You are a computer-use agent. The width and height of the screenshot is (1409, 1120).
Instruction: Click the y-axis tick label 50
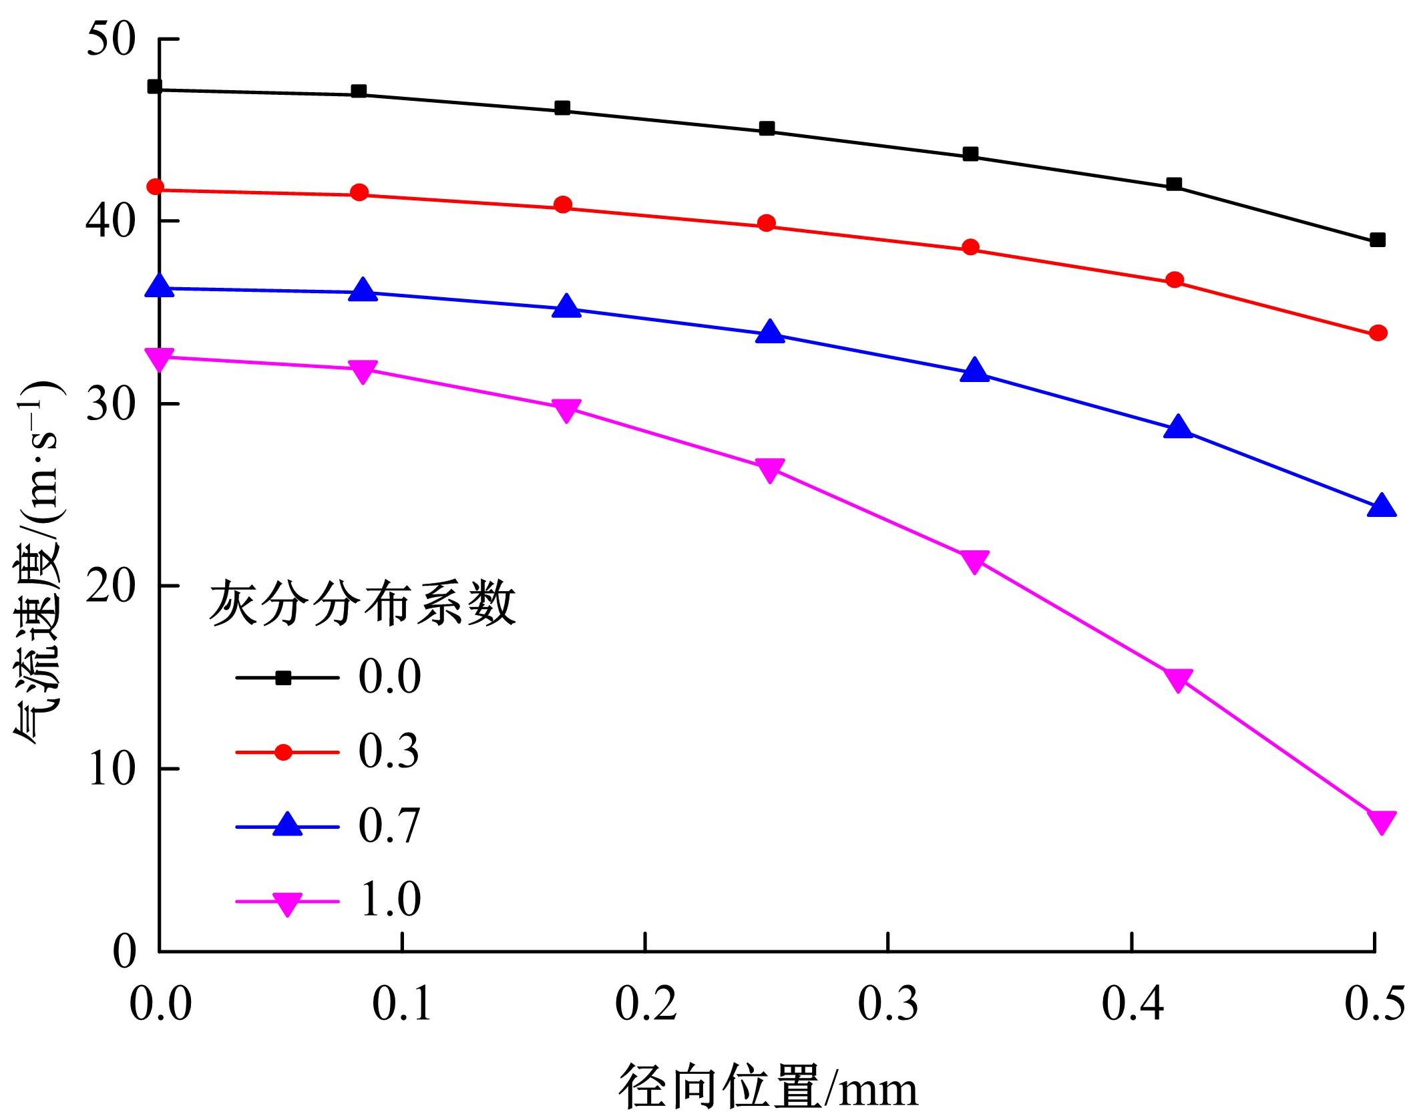click(111, 40)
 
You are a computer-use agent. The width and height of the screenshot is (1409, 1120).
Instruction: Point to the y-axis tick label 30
click(111, 404)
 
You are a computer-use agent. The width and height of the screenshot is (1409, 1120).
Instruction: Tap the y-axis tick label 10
click(111, 769)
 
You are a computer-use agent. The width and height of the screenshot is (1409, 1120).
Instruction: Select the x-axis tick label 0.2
click(645, 1004)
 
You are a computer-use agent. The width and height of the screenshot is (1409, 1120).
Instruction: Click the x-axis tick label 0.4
click(1133, 1004)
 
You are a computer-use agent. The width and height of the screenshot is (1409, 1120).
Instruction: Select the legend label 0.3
click(389, 751)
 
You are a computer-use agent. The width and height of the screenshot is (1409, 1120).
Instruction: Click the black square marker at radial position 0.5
click(1377, 240)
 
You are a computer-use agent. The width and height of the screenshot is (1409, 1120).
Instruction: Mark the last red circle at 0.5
click(1378, 333)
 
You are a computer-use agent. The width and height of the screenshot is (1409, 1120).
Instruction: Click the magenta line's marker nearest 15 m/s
click(1178, 679)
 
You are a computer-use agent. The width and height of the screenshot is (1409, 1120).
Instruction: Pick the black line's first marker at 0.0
click(155, 87)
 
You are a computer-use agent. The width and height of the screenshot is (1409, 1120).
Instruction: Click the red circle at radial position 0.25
click(767, 223)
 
